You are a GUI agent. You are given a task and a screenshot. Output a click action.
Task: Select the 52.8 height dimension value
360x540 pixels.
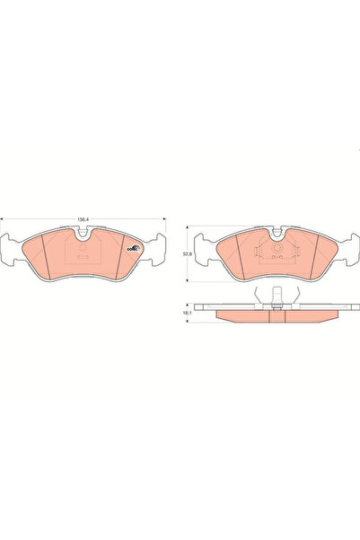[185, 252]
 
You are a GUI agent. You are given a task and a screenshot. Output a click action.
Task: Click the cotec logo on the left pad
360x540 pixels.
[133, 249]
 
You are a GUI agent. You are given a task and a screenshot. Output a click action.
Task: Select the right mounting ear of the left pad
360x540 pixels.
[159, 248]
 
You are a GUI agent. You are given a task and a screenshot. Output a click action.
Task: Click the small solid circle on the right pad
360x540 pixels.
[277, 245]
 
